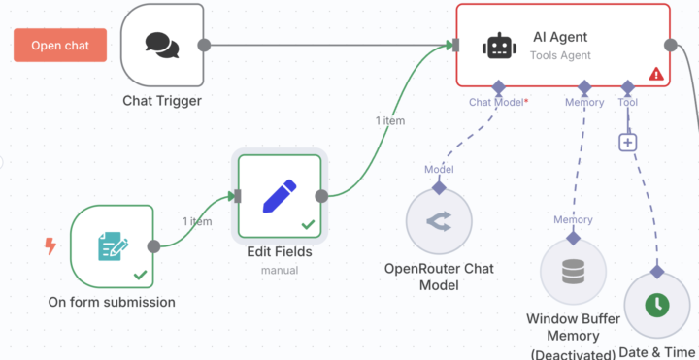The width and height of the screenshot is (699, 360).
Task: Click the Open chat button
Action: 59,45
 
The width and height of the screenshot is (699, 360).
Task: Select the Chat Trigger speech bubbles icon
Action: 162,45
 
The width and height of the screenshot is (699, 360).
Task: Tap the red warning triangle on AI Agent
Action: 656,74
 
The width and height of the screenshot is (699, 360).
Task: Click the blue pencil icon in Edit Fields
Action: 280,196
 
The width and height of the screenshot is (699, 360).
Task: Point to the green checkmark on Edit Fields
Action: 308,225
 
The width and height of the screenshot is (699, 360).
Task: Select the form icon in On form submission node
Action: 112,246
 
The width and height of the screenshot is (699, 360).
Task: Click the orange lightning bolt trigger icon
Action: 50,246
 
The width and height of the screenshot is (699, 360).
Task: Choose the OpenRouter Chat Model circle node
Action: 438,222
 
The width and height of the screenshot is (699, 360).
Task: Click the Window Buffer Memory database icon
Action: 572,273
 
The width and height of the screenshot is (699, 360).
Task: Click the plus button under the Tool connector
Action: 627,142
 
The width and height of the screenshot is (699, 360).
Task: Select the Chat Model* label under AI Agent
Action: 498,102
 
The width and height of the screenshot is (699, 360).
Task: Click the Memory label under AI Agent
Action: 584,102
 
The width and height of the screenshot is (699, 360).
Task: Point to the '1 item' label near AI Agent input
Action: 389,121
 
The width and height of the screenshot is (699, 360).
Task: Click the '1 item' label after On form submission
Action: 196,221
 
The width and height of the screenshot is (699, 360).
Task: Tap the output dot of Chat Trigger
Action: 204,45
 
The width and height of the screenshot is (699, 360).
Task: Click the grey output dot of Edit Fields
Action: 322,196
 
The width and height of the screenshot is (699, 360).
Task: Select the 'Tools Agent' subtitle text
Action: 560,56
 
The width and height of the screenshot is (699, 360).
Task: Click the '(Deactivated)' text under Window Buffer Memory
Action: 572,353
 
